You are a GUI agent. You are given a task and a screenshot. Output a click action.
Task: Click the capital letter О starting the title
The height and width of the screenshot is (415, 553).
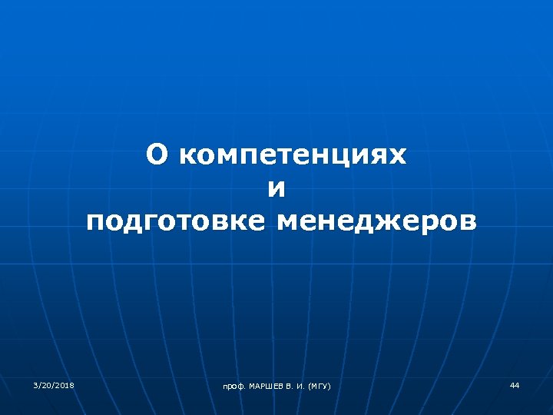[157, 155]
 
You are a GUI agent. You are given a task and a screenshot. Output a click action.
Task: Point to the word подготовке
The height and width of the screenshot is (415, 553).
[176, 222]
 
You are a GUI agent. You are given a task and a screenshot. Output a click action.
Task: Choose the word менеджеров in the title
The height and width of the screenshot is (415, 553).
[376, 222]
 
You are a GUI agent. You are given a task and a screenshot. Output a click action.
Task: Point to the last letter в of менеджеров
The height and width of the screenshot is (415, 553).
[465, 222]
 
